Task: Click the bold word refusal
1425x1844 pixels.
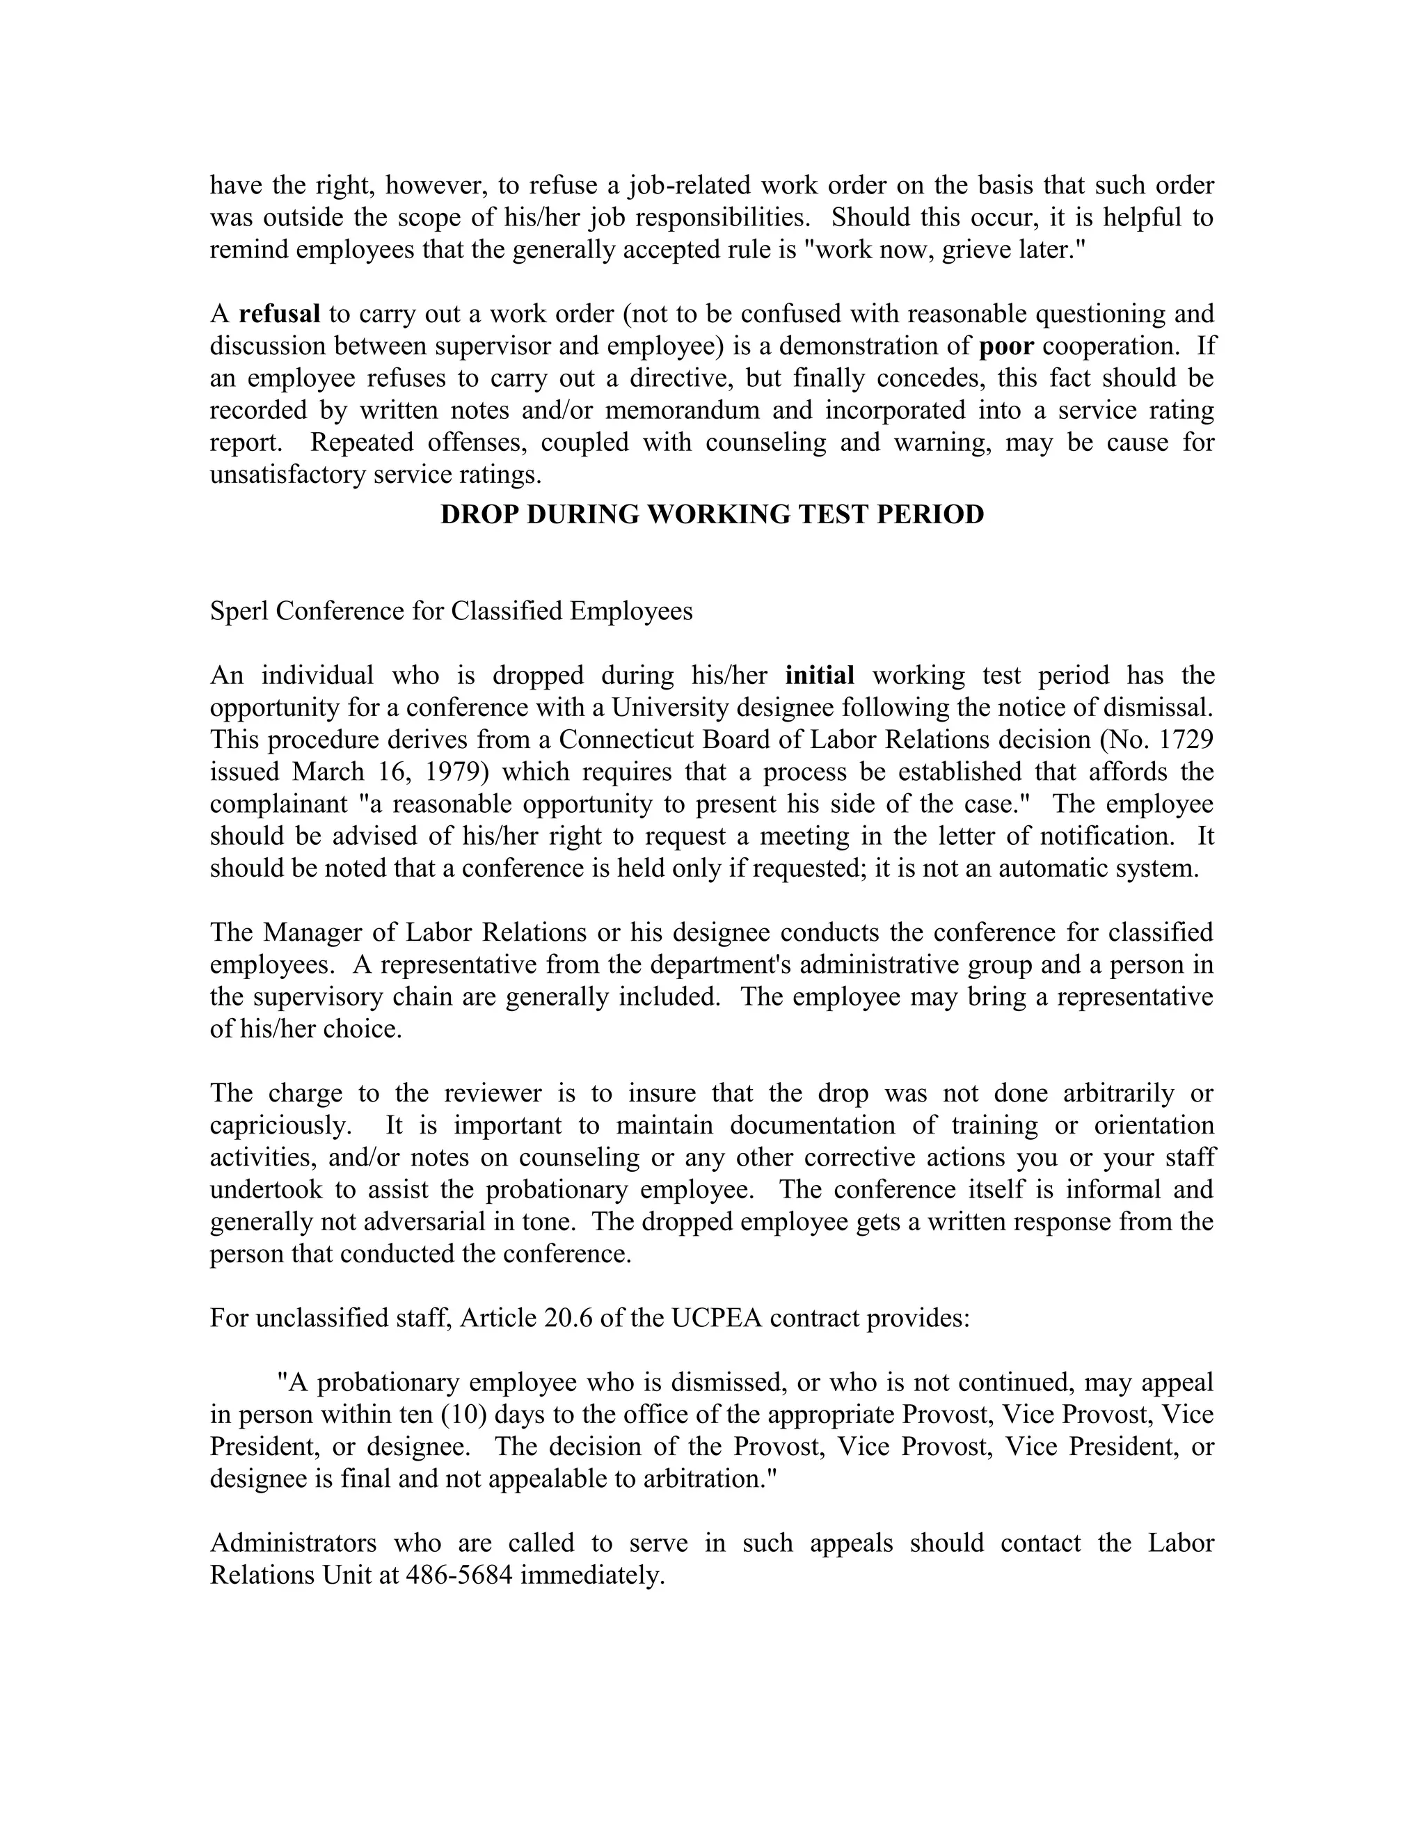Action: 280,314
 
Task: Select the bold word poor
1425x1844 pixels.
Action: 1006,346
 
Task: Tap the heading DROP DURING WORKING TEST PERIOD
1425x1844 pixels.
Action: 712,514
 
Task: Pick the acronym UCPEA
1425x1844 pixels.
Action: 717,1318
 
